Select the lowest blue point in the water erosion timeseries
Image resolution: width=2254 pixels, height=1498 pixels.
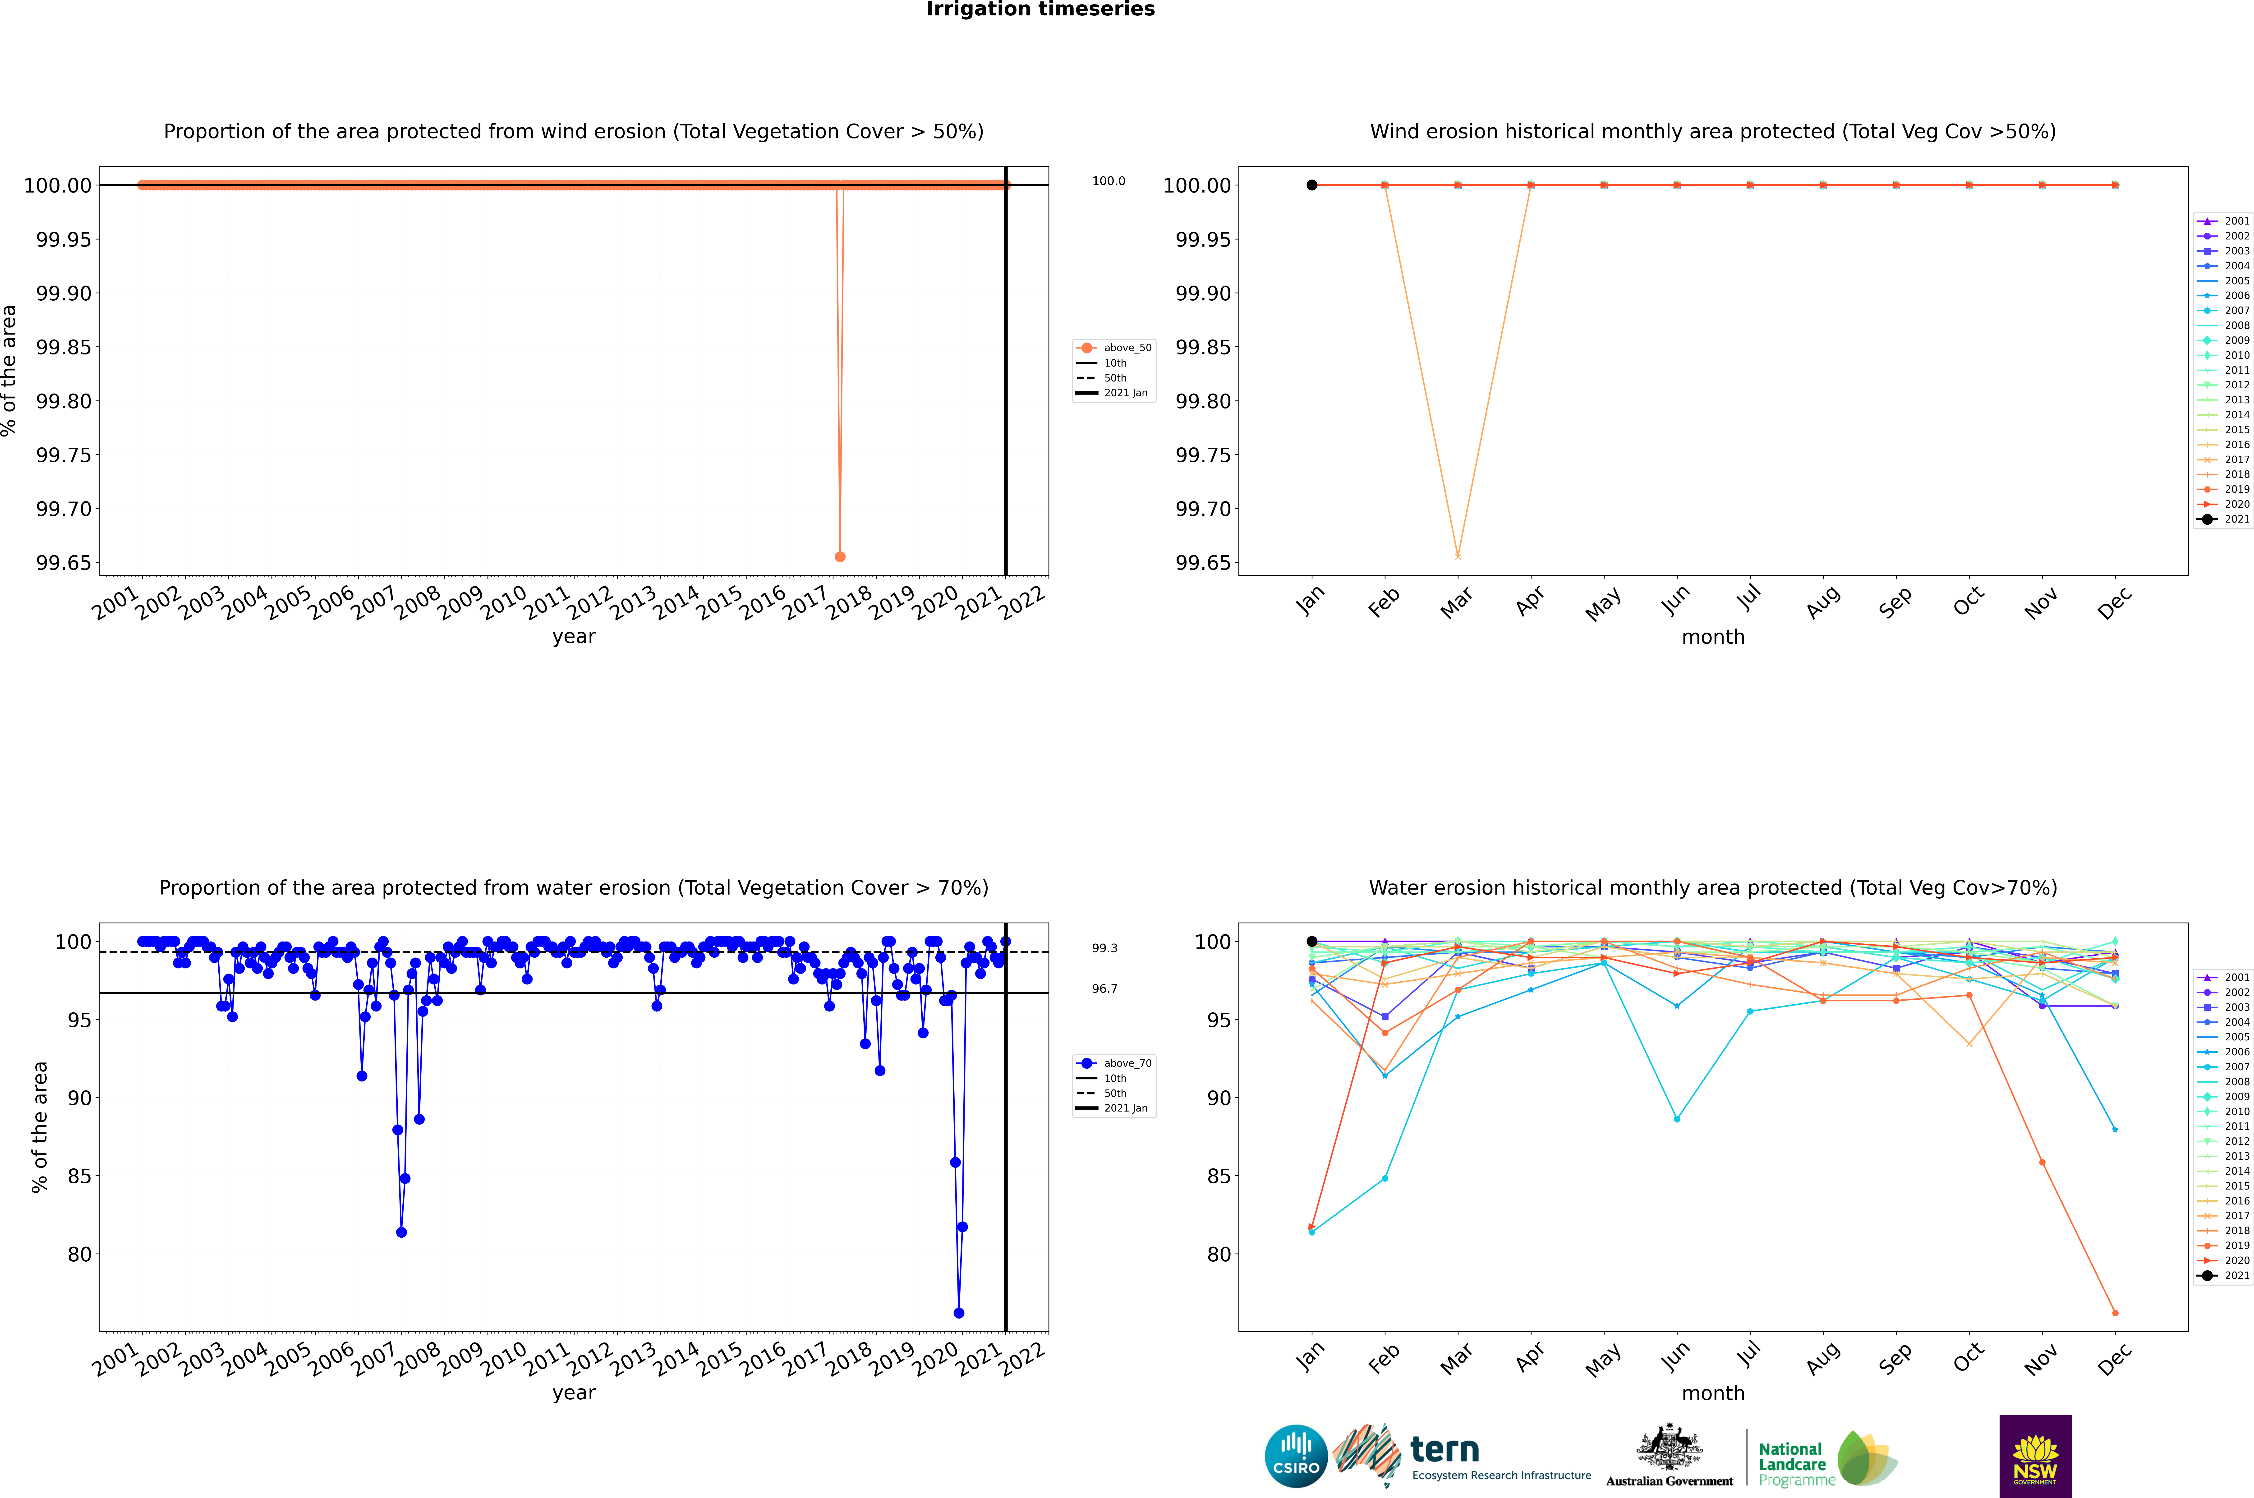[x=958, y=1313]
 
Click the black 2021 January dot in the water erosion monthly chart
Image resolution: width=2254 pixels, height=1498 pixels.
[x=1312, y=941]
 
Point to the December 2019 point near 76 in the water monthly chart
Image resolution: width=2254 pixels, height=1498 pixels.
[x=2115, y=1313]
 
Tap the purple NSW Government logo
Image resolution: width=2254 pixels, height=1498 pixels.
[x=2035, y=1456]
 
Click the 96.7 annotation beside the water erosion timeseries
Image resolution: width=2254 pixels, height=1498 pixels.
[x=1104, y=989]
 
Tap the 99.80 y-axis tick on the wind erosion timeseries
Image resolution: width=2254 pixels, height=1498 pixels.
[x=63, y=401]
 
